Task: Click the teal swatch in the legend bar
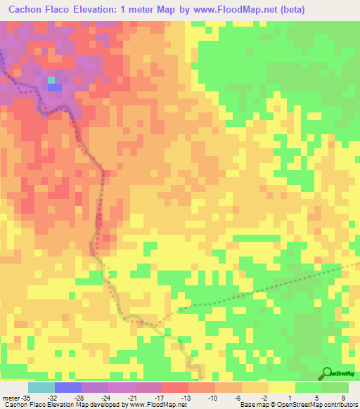point(41,387)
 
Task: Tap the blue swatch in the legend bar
point(68,387)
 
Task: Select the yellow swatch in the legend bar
point(281,387)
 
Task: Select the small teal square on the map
point(51,80)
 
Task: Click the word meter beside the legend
point(11,398)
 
